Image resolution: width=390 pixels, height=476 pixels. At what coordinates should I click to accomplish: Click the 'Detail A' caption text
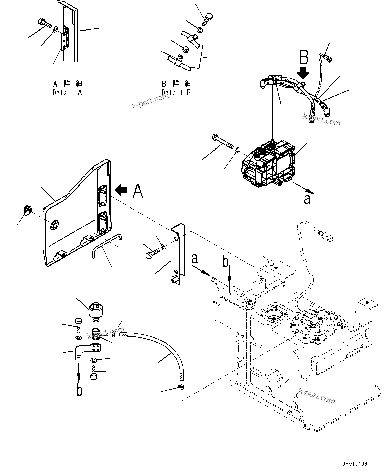tap(67, 93)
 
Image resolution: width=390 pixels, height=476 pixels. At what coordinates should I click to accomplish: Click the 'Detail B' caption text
tap(176, 93)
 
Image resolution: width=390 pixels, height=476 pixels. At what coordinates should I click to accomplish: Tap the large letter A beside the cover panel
tap(138, 191)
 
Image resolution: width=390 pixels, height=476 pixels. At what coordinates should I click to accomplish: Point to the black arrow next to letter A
tap(121, 190)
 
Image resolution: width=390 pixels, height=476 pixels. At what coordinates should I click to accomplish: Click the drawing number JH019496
tap(354, 464)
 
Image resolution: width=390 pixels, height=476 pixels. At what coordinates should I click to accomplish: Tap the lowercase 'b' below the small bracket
tap(79, 391)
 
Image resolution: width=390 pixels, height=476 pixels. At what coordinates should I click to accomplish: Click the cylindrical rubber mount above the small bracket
tap(95, 310)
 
